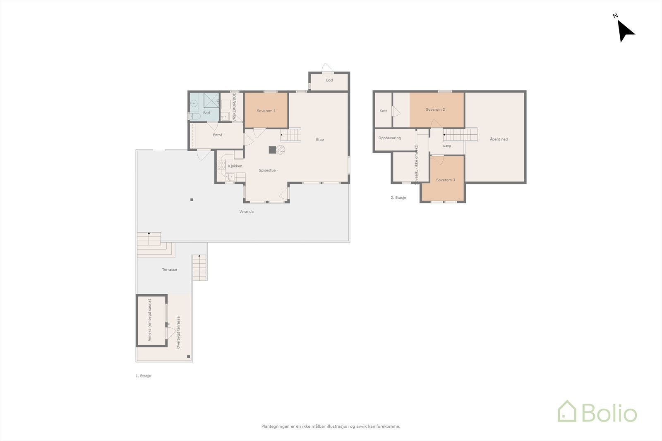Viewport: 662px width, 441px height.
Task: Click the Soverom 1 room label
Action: (266, 111)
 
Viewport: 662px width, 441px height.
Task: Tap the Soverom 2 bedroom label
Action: (435, 110)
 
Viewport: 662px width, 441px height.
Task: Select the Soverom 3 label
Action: (445, 180)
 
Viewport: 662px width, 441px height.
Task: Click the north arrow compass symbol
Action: (625, 30)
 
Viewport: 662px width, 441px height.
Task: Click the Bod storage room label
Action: (329, 80)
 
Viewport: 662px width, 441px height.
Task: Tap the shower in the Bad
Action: (211, 100)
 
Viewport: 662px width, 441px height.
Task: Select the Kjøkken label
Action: (235, 166)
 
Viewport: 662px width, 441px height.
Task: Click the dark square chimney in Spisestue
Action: (272, 150)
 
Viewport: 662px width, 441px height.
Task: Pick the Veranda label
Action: (247, 212)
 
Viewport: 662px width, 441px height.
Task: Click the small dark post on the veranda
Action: (192, 200)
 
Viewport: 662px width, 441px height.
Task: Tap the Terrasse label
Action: (169, 269)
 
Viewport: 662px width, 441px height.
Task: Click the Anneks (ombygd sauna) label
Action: (150, 320)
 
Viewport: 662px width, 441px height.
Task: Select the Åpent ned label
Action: (499, 139)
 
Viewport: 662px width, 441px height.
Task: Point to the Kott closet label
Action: (383, 111)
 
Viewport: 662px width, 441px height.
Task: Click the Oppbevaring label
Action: (389, 138)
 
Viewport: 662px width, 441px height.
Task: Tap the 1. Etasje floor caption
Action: (143, 376)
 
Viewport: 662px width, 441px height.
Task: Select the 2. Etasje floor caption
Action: (398, 198)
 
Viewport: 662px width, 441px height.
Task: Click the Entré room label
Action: (218, 135)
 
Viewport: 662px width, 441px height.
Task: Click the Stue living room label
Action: (320, 140)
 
